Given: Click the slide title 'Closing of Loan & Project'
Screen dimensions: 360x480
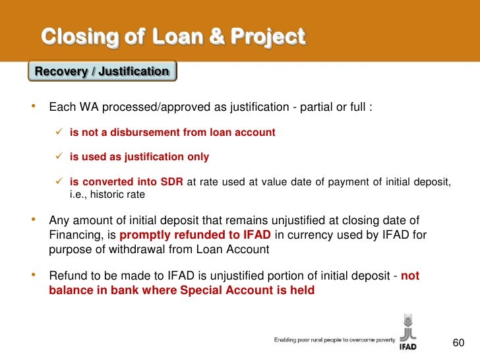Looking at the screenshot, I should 173,36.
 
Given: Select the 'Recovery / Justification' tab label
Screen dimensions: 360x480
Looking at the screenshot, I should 102,71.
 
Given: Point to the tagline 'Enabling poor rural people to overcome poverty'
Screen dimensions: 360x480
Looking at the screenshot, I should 334,340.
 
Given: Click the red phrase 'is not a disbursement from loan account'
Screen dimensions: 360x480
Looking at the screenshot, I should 172,133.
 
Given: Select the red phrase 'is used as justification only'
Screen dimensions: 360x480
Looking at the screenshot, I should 139,157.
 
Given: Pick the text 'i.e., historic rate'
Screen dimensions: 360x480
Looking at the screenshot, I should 107,195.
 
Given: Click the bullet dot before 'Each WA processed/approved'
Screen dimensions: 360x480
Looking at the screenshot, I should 34,107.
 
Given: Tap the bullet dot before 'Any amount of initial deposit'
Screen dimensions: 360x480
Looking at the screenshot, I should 34,220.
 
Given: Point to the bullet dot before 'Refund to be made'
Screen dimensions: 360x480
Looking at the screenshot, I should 34,276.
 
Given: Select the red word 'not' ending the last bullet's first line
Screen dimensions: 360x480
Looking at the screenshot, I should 409,276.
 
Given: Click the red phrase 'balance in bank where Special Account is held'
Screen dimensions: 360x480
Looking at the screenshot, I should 182,290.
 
